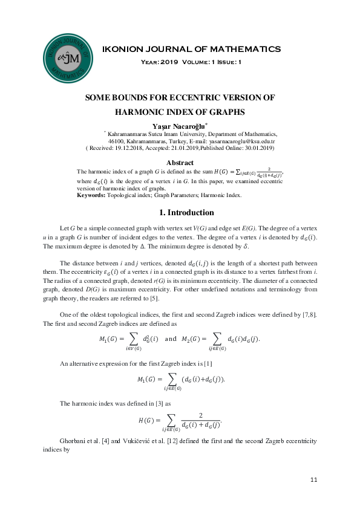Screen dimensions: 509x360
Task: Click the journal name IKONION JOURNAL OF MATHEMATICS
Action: pos(192,49)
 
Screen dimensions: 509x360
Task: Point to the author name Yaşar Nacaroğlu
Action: pos(178,125)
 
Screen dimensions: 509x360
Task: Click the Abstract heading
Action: pos(180,163)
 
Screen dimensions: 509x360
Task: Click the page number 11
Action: pos(313,479)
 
